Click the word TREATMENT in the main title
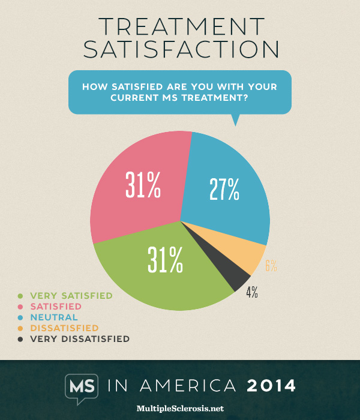180,27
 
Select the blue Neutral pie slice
228,180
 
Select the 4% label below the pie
252,292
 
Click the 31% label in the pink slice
143,185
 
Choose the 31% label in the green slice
166,259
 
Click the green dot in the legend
21,296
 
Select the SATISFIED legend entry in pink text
56,307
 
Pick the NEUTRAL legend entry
53,317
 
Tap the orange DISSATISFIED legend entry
64,328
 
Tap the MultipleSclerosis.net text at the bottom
180,408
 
